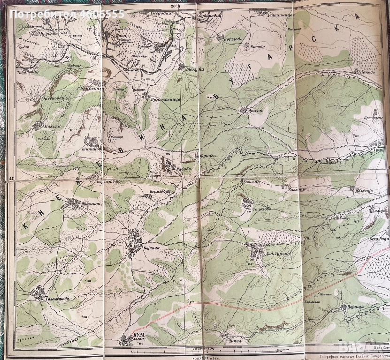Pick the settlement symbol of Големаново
click(37, 293)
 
